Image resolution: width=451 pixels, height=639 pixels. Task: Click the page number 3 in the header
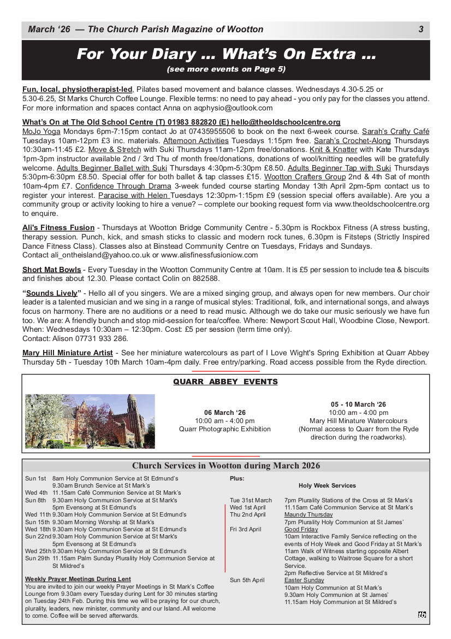(x=421, y=30)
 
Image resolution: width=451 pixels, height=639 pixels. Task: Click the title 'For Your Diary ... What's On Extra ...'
(x=226, y=55)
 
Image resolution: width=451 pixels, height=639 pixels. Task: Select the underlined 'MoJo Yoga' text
(x=41, y=132)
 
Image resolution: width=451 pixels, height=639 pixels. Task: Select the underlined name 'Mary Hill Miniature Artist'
(x=68, y=353)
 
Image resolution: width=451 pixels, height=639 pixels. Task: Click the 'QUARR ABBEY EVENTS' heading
(x=226, y=382)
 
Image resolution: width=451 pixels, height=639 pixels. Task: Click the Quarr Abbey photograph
(x=90, y=421)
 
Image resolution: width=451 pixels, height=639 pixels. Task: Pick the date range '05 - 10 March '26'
(x=359, y=404)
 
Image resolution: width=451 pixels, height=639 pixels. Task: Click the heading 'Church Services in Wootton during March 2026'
(x=226, y=466)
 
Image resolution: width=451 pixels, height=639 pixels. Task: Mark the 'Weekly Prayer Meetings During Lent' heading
(x=78, y=579)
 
